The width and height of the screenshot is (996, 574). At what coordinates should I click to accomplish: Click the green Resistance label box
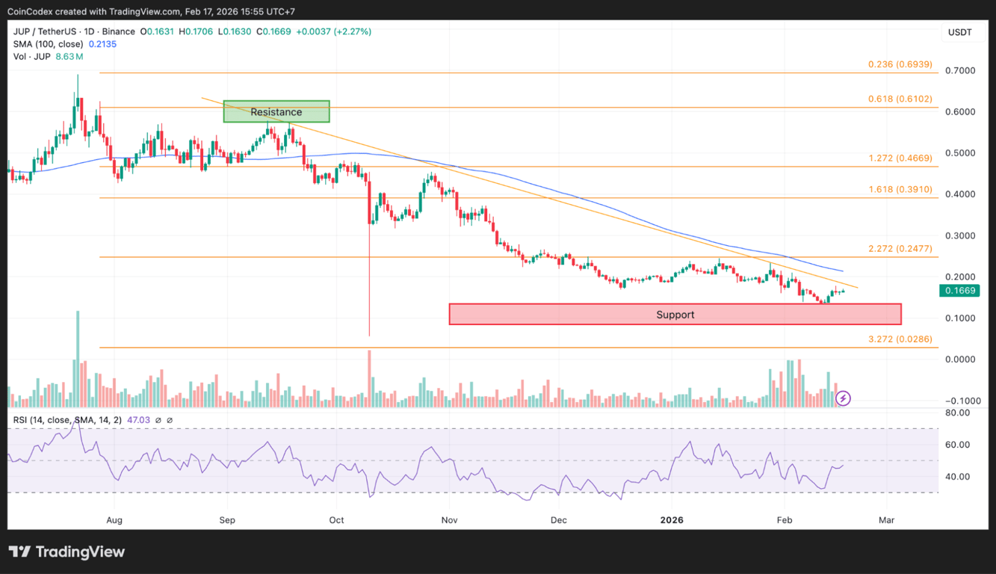(x=276, y=112)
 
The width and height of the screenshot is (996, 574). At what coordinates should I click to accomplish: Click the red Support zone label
(x=675, y=315)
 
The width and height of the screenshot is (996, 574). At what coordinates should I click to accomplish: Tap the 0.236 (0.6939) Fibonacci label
(x=900, y=65)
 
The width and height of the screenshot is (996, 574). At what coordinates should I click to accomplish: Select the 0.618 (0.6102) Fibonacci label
(x=900, y=99)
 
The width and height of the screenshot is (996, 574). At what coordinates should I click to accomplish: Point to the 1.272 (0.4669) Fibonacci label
(x=900, y=158)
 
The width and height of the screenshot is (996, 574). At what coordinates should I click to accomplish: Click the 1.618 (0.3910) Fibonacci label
(x=900, y=190)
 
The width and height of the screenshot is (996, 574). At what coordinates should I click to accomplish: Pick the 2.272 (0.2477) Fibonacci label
(x=900, y=249)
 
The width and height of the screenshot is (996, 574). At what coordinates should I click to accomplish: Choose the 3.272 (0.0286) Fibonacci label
(x=900, y=339)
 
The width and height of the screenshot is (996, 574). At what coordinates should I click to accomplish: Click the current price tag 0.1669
(x=959, y=291)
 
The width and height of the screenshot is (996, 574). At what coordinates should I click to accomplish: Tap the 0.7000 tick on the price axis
(x=960, y=71)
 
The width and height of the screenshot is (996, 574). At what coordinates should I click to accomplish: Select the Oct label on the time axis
(x=336, y=519)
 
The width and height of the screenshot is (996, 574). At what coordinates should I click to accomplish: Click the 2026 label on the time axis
(x=672, y=519)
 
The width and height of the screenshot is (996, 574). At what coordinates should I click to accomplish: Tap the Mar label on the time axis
(x=886, y=519)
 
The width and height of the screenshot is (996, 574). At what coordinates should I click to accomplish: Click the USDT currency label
(x=959, y=32)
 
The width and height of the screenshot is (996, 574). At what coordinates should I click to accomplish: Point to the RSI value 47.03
(x=140, y=420)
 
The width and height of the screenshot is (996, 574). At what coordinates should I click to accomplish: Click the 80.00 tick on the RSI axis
(x=959, y=412)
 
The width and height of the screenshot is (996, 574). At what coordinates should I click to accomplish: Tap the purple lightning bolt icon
(x=843, y=398)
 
